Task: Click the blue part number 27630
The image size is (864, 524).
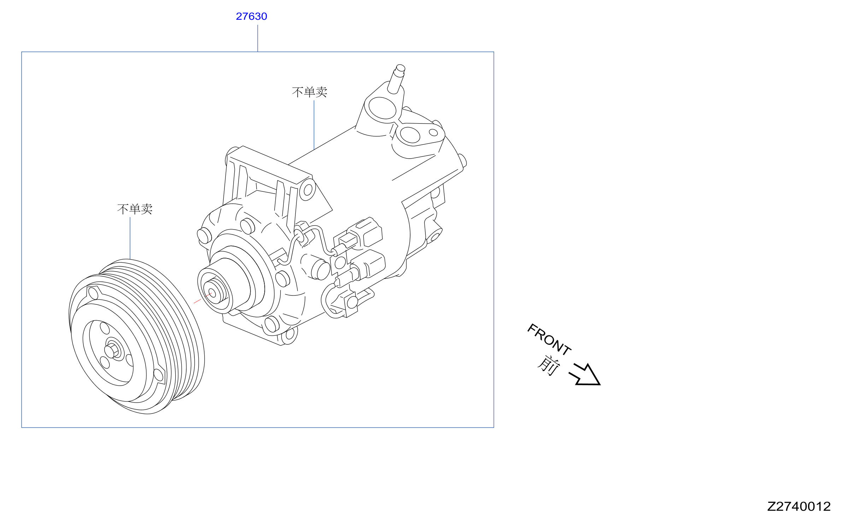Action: pos(251,16)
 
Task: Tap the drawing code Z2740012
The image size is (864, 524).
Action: pos(799,506)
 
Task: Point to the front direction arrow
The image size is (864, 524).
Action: pos(585,375)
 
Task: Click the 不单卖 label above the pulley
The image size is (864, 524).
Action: pos(135,209)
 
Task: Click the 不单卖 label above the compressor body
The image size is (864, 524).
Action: pos(310,92)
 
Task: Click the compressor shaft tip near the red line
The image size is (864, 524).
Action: pos(212,293)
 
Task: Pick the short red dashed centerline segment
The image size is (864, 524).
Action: pos(202,298)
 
